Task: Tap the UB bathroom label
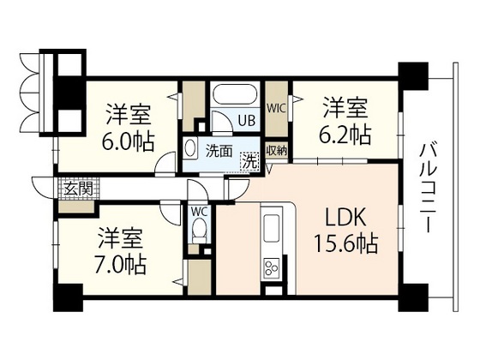click(x=245, y=121)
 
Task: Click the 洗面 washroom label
click(x=218, y=153)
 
